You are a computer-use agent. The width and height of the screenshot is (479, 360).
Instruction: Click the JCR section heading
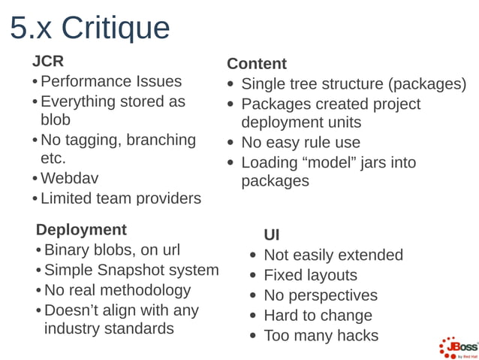tap(48, 61)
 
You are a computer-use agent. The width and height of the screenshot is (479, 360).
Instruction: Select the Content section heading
tap(257, 64)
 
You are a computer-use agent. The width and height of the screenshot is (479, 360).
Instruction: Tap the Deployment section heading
tap(81, 229)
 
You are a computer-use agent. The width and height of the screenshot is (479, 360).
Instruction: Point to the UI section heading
tap(272, 235)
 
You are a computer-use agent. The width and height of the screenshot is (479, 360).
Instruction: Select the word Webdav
tap(69, 179)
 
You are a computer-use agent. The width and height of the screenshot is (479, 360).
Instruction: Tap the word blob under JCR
tap(56, 120)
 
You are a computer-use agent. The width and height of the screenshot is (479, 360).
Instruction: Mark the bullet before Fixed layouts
tap(255, 276)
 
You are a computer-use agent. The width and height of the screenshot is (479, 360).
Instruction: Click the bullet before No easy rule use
tap(232, 143)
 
